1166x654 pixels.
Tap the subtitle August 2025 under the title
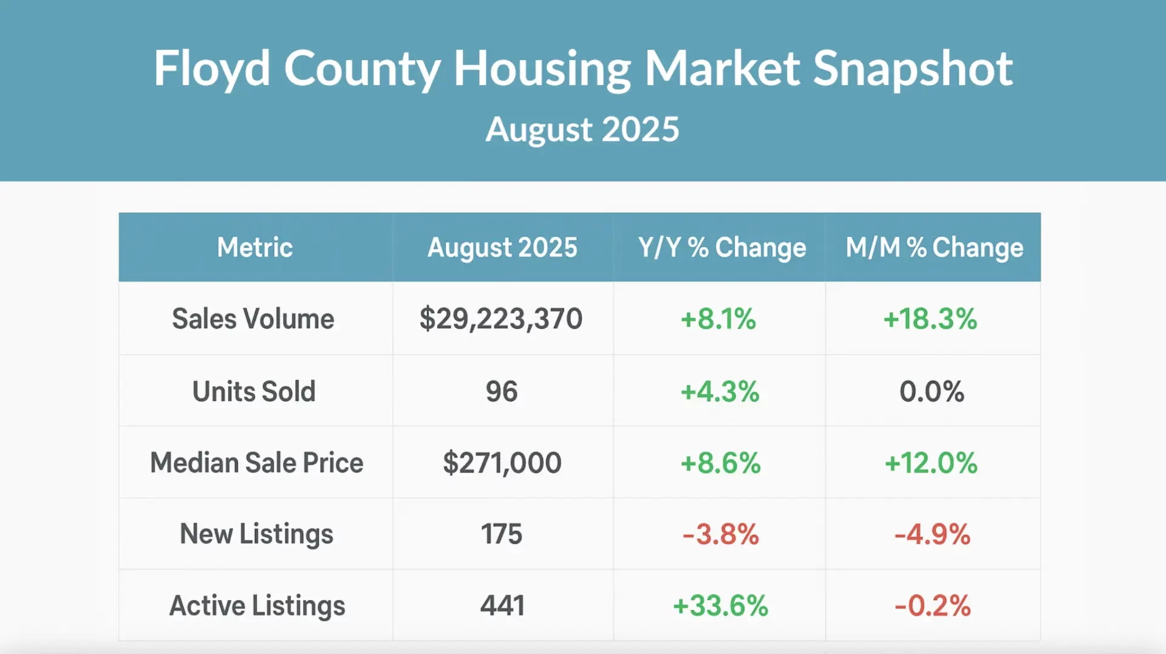pos(582,129)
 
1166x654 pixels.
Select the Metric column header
pos(255,247)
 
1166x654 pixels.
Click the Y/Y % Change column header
pos(721,247)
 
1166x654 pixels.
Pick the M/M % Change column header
pos(934,247)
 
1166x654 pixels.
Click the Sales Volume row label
pos(253,319)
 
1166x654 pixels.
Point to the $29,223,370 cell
pos(501,319)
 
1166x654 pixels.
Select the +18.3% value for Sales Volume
pos(930,319)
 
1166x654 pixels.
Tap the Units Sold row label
pos(254,391)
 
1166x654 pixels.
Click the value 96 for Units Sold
pos(502,391)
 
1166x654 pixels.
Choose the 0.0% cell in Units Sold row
pos(932,391)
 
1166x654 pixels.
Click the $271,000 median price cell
pos(502,463)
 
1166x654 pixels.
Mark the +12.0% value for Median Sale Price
pos(931,463)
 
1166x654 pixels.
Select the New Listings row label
pos(256,534)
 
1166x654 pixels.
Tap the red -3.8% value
pos(721,534)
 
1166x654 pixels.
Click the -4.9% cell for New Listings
pos(932,534)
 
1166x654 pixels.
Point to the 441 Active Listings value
pos(502,605)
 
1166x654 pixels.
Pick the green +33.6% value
pos(721,605)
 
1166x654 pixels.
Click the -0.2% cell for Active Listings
pos(932,605)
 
